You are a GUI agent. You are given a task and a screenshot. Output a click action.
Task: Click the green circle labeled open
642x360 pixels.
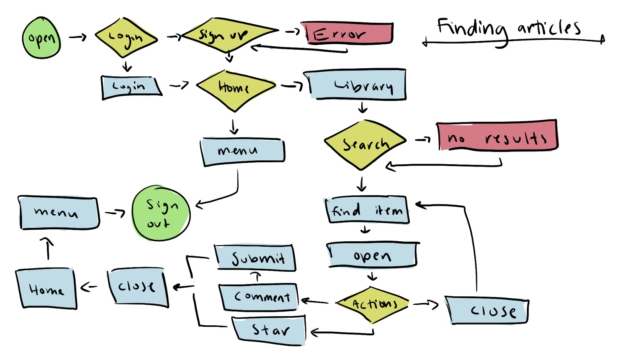(x=42, y=38)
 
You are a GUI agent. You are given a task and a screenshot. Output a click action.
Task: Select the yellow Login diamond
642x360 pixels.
(x=126, y=38)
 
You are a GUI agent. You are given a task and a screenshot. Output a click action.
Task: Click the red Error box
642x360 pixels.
(x=347, y=33)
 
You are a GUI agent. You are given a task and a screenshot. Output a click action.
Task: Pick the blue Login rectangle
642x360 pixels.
(x=130, y=87)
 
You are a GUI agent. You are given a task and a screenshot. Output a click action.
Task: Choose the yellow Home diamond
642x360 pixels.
(x=235, y=89)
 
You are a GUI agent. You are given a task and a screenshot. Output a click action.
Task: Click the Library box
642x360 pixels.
(x=357, y=85)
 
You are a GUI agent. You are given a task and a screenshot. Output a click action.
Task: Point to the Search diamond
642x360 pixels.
(x=365, y=144)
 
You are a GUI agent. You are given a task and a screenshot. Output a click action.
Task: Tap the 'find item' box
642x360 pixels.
(x=367, y=210)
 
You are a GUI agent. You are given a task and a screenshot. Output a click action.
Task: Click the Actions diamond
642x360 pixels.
(x=372, y=304)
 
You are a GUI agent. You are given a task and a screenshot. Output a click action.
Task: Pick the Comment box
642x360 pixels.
(x=259, y=297)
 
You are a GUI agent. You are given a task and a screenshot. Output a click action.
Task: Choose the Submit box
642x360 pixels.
(x=255, y=258)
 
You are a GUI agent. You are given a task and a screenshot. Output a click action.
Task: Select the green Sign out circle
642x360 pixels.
(x=161, y=214)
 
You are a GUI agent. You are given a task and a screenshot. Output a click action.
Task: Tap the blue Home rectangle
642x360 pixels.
(x=46, y=289)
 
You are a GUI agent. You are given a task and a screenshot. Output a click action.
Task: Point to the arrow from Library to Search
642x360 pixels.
(x=362, y=107)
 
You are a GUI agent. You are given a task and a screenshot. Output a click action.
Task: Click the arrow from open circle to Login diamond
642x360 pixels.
(x=78, y=37)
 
